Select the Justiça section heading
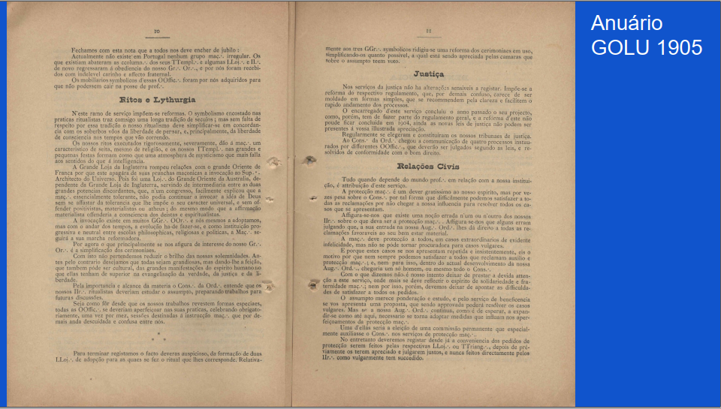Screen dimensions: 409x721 tap(429, 74)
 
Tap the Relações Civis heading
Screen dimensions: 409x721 tap(429, 165)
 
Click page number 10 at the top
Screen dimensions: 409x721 tap(158, 32)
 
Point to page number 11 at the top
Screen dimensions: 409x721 tap(428, 32)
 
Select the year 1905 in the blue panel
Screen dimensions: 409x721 tap(679, 47)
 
